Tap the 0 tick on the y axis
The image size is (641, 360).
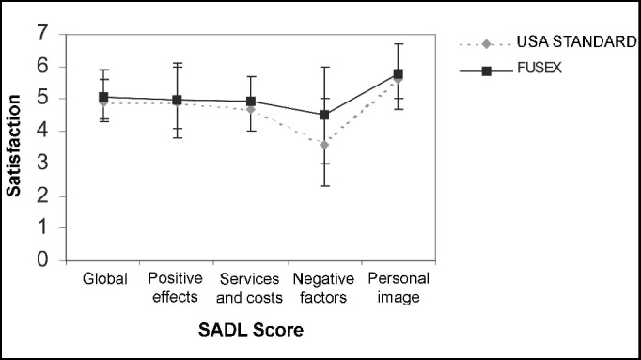coord(41,260)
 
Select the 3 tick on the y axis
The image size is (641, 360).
coord(41,164)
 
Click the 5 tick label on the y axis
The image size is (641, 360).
coord(41,99)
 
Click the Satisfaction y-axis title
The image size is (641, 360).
coord(14,150)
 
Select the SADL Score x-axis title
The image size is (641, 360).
coord(251,331)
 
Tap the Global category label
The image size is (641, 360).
coord(104,280)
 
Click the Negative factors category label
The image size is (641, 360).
coord(323,289)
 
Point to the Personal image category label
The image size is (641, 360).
coord(398,289)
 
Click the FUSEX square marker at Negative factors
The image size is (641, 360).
coord(324,115)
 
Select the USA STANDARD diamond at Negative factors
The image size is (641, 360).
coord(324,145)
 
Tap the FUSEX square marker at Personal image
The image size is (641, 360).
coord(398,73)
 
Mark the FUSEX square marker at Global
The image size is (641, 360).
coord(104,97)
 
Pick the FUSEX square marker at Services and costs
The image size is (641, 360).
coord(251,102)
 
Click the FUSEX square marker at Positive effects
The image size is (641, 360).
coord(178,100)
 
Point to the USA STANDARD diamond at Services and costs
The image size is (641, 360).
coord(251,109)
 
